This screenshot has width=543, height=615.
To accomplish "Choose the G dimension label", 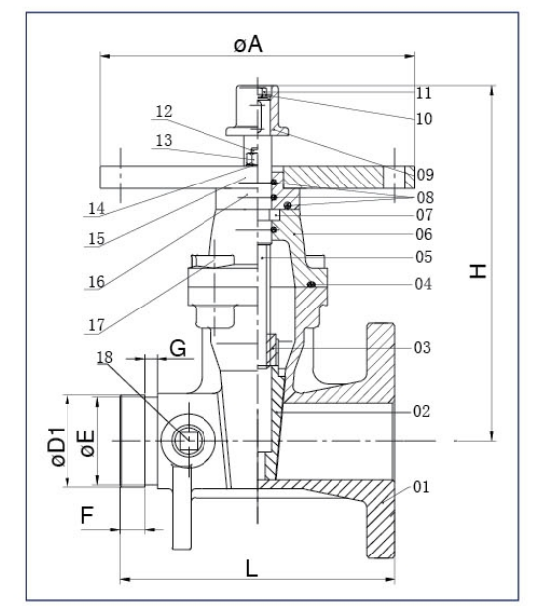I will coord(177,348).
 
